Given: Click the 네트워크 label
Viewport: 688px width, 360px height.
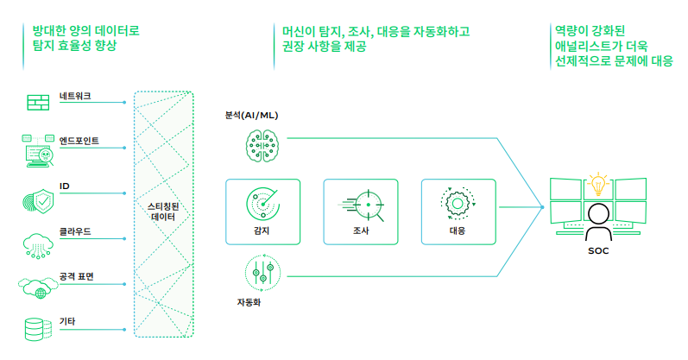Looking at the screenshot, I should pos(75,95).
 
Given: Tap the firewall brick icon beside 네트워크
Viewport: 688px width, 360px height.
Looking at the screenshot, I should pos(37,102).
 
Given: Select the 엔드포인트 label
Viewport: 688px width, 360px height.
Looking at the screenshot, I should pos(79,140).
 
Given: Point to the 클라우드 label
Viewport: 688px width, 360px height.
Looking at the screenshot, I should pos(75,231).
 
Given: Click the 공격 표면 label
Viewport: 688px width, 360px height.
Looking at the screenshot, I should pos(77,277).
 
